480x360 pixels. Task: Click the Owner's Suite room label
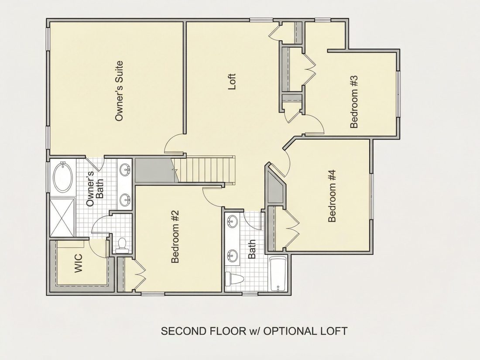click(119, 91)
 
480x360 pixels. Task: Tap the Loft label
click(232, 82)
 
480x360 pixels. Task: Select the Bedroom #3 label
click(354, 102)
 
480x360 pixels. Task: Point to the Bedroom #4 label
click(332, 196)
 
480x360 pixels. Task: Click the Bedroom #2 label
click(175, 237)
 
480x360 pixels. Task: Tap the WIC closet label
click(79, 263)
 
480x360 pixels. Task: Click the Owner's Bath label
click(95, 189)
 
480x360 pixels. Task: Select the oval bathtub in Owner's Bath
click(63, 177)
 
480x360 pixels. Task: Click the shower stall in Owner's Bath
click(62, 217)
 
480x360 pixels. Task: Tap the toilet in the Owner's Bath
click(123, 245)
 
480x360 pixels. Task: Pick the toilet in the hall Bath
click(234, 279)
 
